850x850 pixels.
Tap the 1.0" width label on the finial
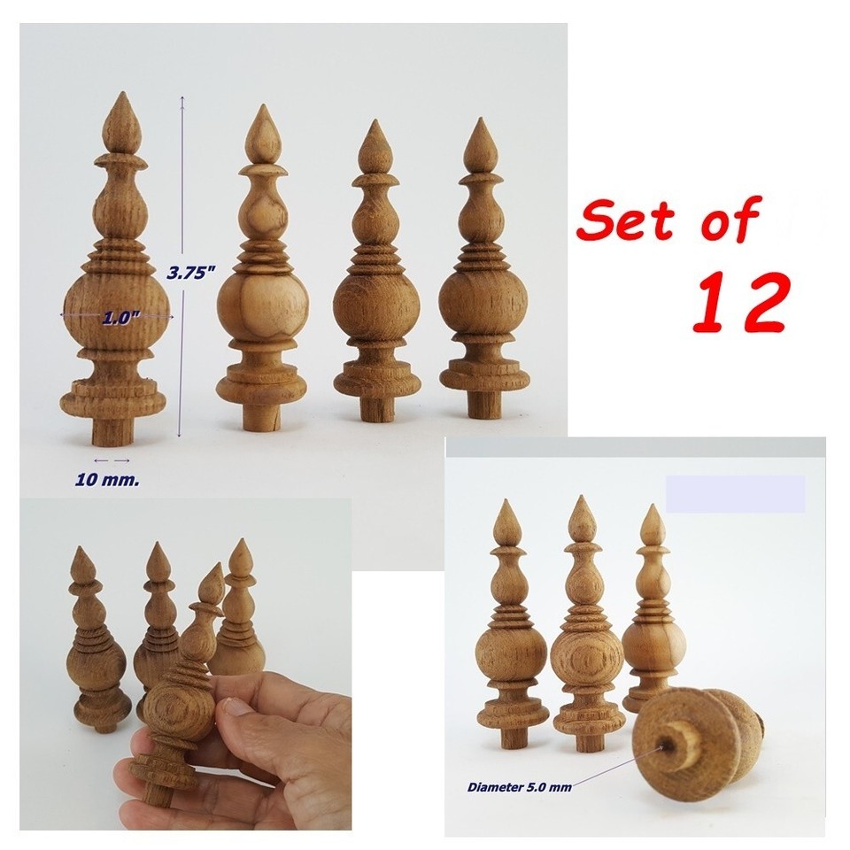pyautogui.click(x=117, y=318)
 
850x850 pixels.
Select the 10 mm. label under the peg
pyautogui.click(x=107, y=480)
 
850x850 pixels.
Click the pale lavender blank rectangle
pyautogui.click(x=735, y=494)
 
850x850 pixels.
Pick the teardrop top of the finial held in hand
pyautogui.click(x=211, y=586)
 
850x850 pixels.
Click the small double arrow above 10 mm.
pyautogui.click(x=112, y=460)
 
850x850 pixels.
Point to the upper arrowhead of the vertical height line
pyautogui.click(x=182, y=98)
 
